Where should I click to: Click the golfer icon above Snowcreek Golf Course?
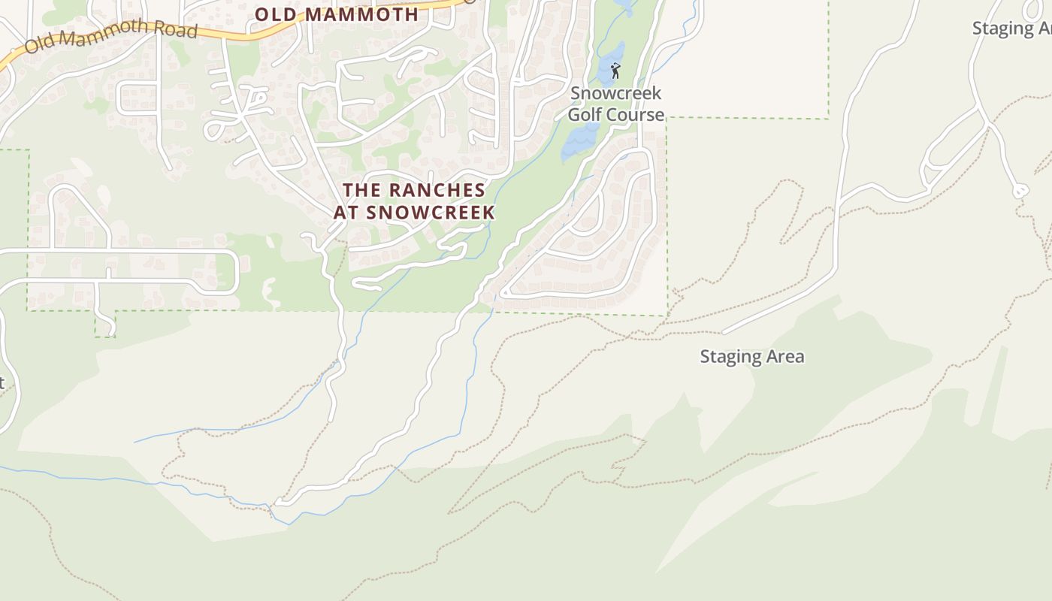pos(615,71)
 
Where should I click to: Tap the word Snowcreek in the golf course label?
pos(616,93)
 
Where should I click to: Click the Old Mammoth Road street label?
pos(111,37)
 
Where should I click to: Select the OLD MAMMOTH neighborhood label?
pos(337,14)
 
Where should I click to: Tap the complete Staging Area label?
pos(751,357)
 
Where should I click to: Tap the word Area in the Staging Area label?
pos(785,357)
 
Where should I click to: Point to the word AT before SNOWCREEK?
pos(346,212)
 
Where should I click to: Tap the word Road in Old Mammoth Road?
pos(177,31)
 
